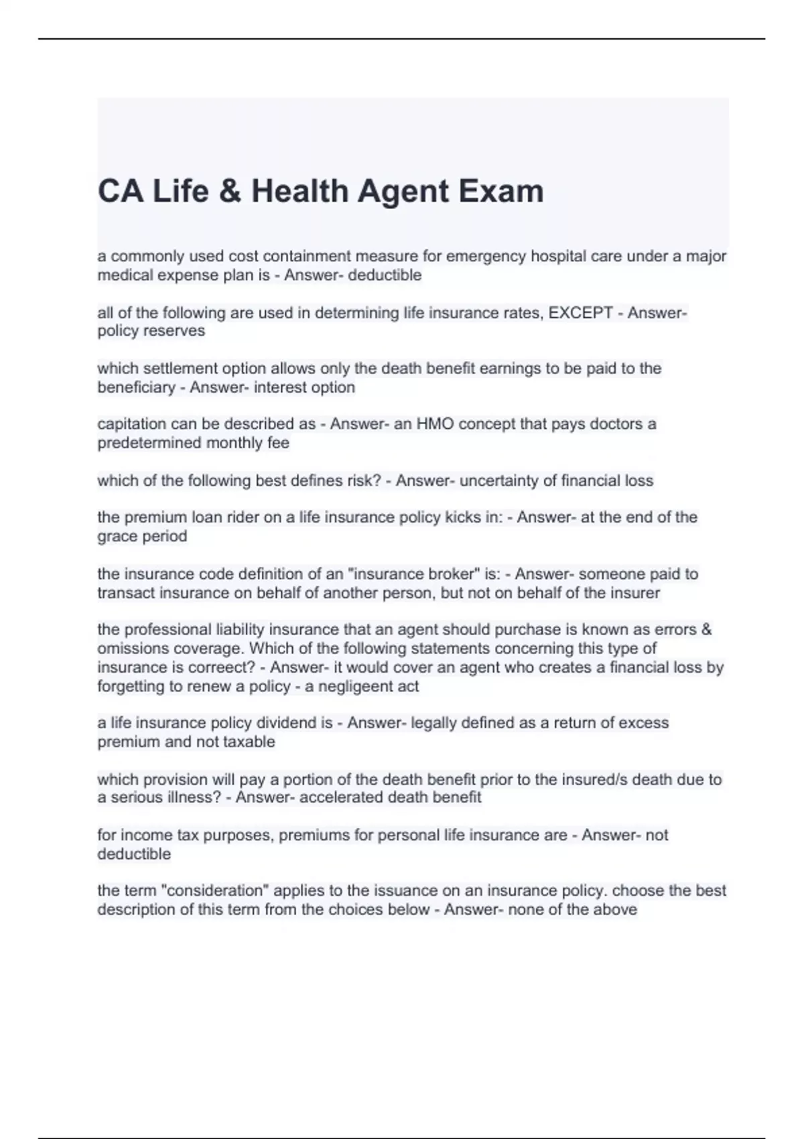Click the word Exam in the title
coord(500,191)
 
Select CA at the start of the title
coord(121,191)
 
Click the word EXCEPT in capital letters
coord(581,313)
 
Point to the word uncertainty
coord(499,481)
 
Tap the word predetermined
coord(149,443)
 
